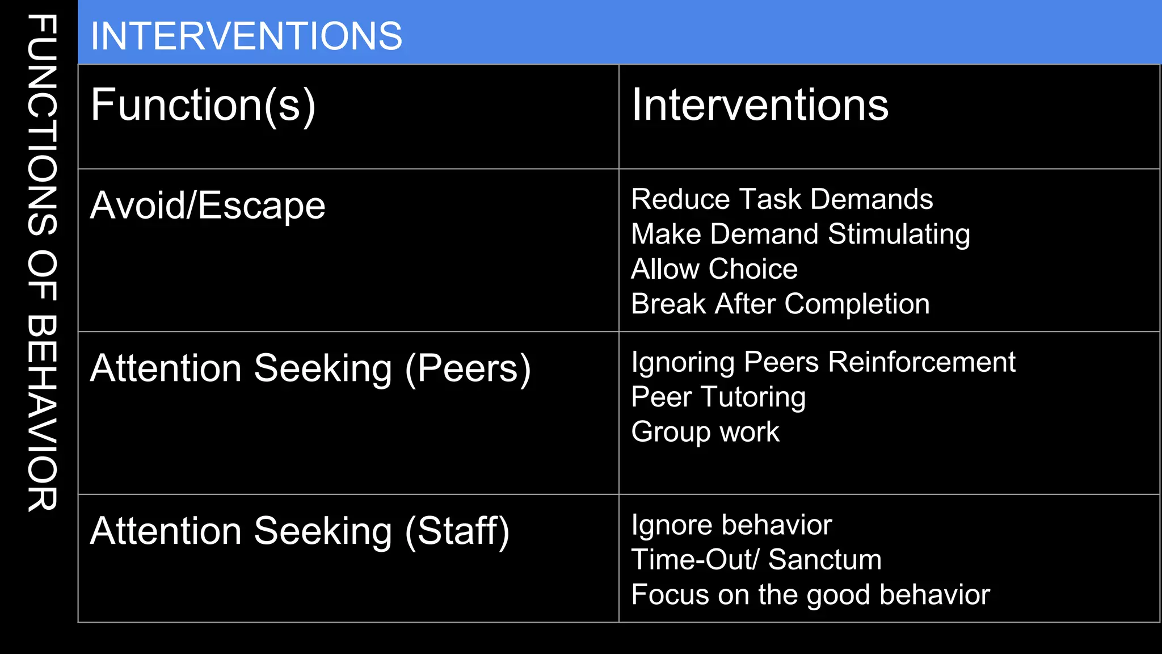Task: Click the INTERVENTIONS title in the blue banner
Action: [246, 36]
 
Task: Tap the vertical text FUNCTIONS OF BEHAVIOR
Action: [42, 263]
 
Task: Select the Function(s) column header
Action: [203, 105]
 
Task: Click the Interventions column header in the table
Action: [760, 105]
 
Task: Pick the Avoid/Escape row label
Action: [208, 206]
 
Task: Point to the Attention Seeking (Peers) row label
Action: [310, 368]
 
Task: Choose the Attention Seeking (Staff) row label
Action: [300, 531]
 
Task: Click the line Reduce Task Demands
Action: [782, 199]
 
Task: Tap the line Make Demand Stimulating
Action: [801, 234]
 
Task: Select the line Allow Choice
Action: [714, 269]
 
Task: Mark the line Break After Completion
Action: [780, 304]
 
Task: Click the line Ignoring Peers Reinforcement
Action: [823, 362]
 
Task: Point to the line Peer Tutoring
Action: [718, 397]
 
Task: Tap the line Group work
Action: [705, 432]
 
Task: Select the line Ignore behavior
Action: [731, 525]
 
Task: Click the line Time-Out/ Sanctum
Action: [756, 560]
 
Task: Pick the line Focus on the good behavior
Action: [810, 595]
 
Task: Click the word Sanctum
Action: [825, 560]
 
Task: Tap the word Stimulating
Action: [899, 234]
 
